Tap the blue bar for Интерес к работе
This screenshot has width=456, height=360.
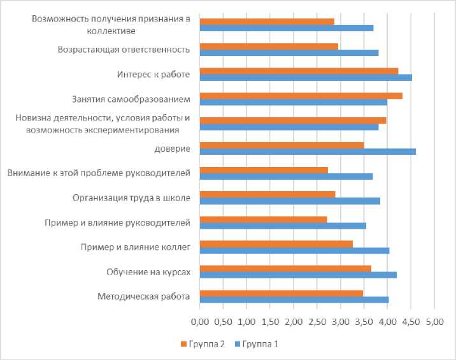click(306, 78)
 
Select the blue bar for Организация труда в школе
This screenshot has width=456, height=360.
click(290, 201)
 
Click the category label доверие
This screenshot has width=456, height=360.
click(172, 148)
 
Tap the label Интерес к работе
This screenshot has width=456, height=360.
click(153, 75)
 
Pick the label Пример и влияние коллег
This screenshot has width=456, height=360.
click(135, 247)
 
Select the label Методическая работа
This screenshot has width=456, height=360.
click(144, 296)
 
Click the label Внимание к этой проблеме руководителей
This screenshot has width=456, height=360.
click(98, 173)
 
